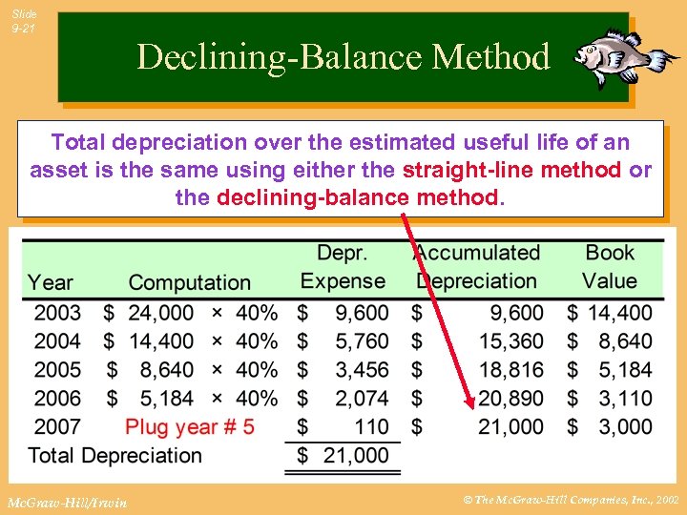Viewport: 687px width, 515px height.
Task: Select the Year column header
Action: tap(50, 282)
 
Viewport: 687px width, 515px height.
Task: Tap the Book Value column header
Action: tap(611, 267)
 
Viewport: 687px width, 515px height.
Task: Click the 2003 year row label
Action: tap(57, 313)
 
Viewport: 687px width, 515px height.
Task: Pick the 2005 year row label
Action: tap(57, 370)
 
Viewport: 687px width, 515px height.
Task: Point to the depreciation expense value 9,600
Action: tap(362, 313)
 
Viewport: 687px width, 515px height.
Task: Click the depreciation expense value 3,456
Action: tap(362, 370)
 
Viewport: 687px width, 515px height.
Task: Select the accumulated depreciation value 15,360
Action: tap(510, 341)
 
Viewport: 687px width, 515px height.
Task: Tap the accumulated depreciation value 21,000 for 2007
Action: tap(510, 426)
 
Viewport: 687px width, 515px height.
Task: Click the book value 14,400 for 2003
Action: tap(619, 313)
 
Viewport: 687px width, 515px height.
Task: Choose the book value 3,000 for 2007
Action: tap(626, 426)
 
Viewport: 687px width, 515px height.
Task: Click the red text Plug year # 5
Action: tap(190, 426)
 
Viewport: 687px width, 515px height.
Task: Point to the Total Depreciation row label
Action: tap(115, 455)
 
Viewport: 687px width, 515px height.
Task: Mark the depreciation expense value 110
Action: tap(371, 426)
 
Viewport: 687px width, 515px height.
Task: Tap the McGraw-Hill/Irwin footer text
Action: tap(64, 501)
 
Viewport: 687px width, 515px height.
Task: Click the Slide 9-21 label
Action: tap(25, 22)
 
